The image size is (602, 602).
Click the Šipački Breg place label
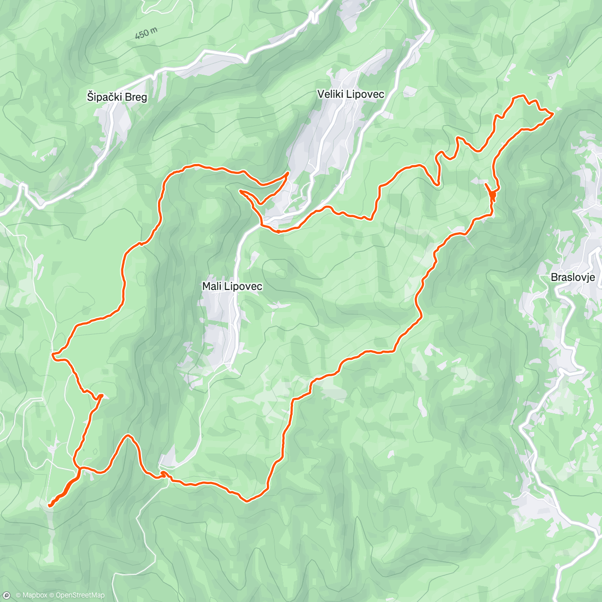pyautogui.click(x=117, y=97)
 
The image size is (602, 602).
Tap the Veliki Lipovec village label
pyautogui.click(x=351, y=94)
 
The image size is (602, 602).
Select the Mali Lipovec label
pyautogui.click(x=232, y=286)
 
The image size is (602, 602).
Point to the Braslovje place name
pyautogui.click(x=572, y=277)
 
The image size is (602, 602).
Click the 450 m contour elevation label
pyautogui.click(x=146, y=34)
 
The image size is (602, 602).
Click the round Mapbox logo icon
pyautogui.click(x=7, y=595)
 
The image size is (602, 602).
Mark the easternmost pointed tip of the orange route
pyautogui.click(x=553, y=114)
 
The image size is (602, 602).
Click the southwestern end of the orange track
pyautogui.click(x=49, y=505)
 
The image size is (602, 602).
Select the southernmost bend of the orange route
pyautogui.click(x=246, y=500)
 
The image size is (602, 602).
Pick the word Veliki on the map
pyautogui.click(x=330, y=94)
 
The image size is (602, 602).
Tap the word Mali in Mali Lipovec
pyautogui.click(x=211, y=286)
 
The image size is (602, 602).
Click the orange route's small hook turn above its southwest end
pyautogui.click(x=100, y=396)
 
